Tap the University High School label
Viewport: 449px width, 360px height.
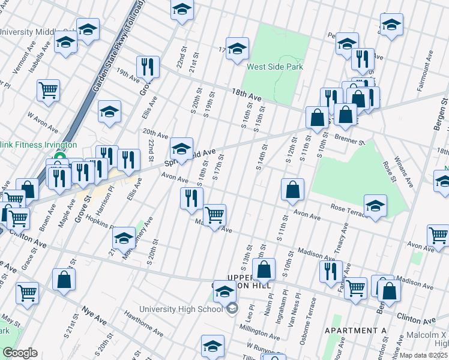[x=181, y=309]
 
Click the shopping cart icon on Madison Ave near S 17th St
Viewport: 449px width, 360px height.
[x=214, y=215]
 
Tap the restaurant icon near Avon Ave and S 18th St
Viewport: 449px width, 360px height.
[x=191, y=199]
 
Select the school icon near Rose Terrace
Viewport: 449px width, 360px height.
[x=375, y=205]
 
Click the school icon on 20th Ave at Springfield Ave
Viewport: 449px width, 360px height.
[x=181, y=148]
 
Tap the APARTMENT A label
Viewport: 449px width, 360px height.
[x=355, y=331]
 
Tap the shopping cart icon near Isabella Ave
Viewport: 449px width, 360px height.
[x=48, y=91]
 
